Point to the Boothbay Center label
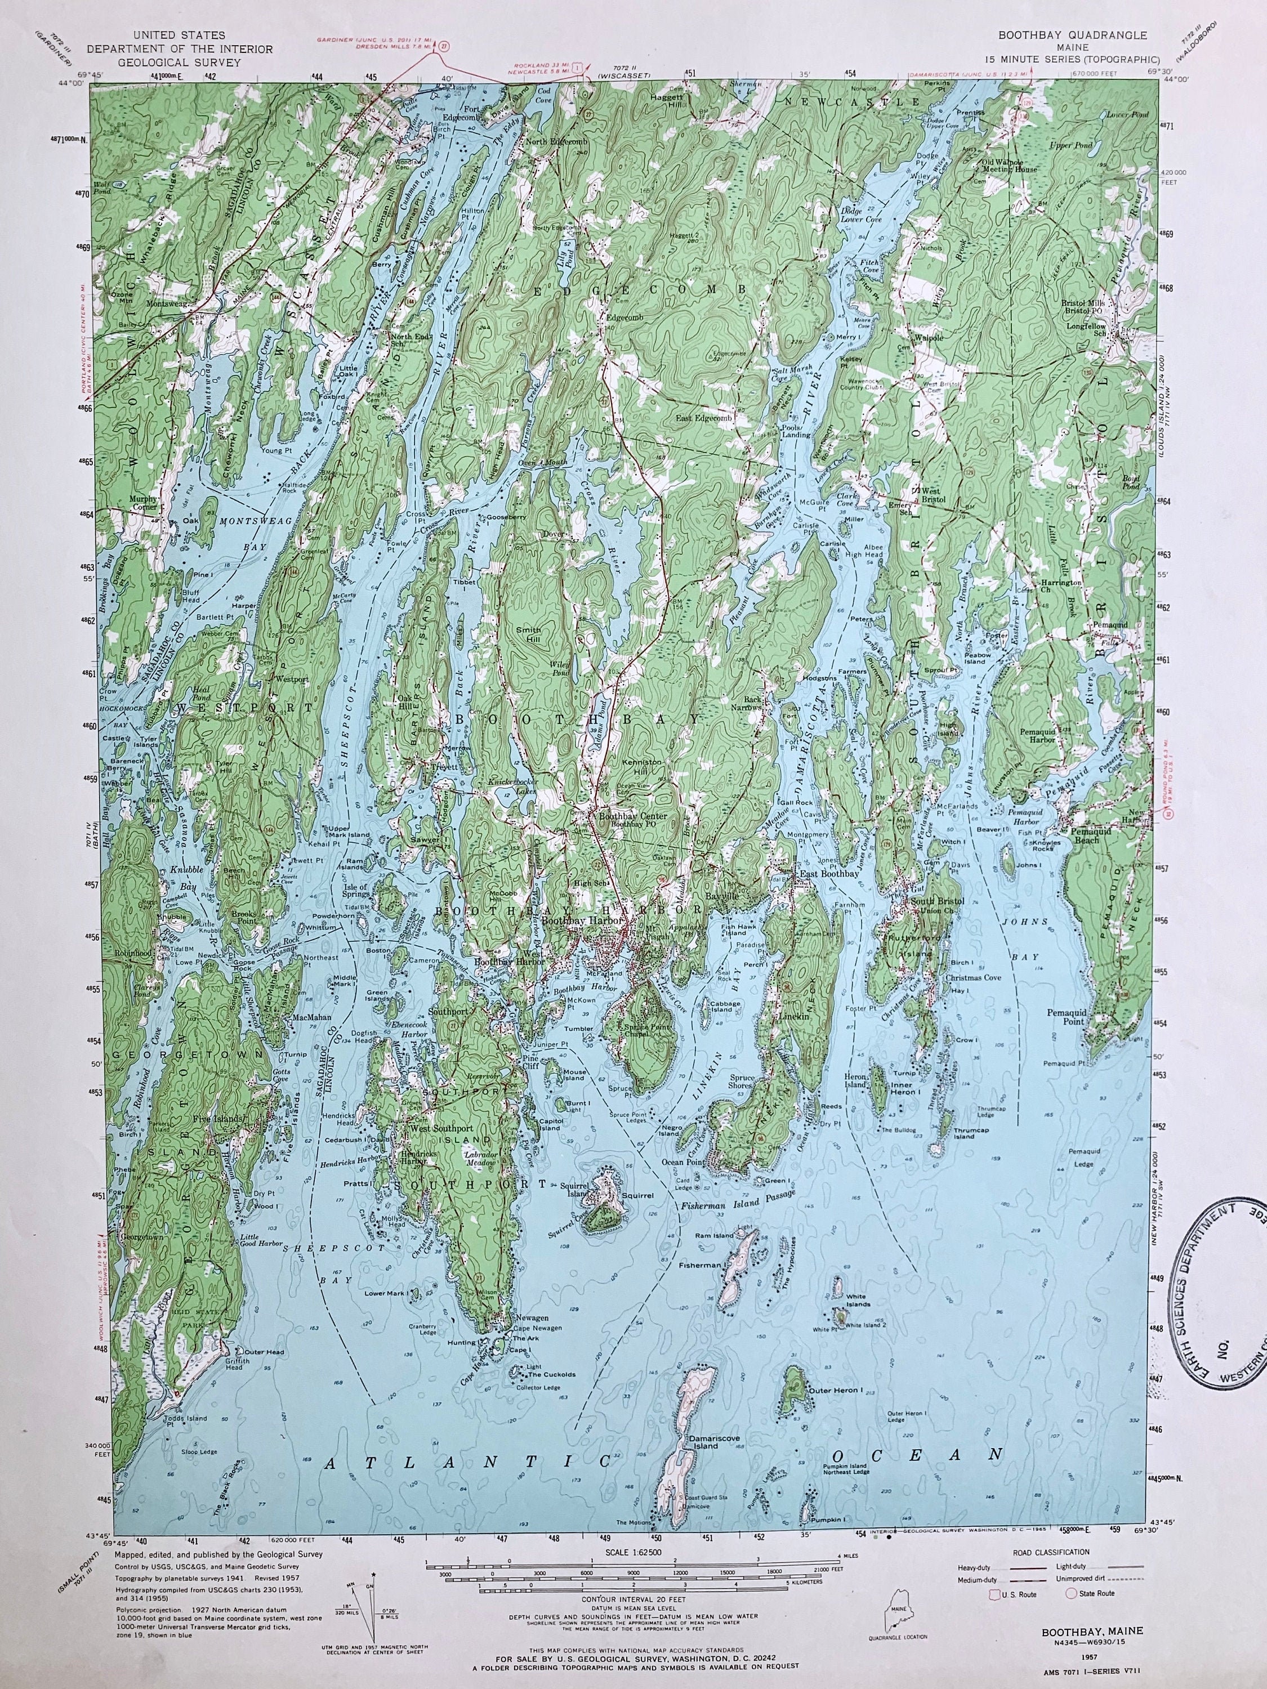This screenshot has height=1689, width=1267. coord(633,816)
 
